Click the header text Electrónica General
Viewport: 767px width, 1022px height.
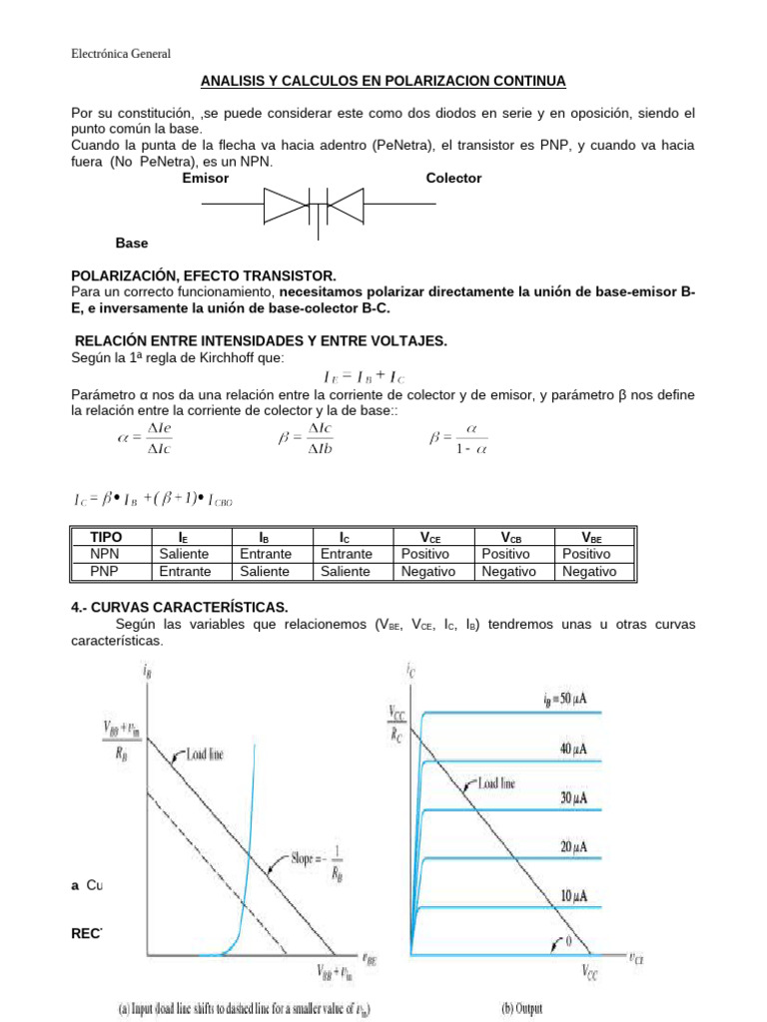(x=122, y=54)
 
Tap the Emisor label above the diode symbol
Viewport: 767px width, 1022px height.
(x=206, y=178)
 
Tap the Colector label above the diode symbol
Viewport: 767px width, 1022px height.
(x=453, y=178)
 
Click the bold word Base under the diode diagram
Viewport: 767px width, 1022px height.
(x=132, y=243)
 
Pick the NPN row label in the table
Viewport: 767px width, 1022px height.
(x=105, y=553)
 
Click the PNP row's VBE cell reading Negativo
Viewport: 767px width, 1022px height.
(x=589, y=571)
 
